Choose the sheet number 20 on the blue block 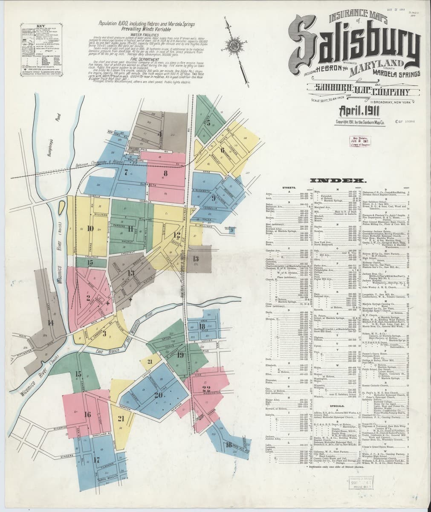coord(159,395)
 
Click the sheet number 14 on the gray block coord(51,323)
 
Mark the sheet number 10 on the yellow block coord(90,228)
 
